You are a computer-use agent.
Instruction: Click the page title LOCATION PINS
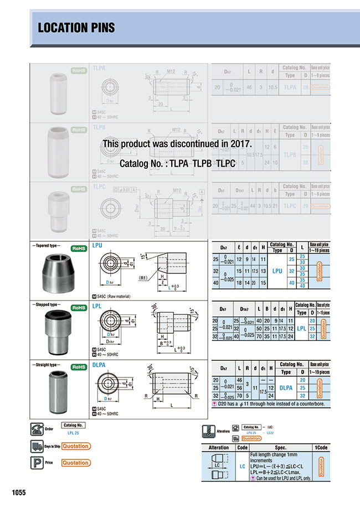70,27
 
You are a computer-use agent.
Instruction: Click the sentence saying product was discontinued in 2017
177,143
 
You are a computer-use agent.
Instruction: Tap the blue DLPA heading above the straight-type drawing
99,365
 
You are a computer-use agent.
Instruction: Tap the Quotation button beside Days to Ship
75,446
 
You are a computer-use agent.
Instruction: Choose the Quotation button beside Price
75,463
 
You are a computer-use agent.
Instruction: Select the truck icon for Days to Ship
37,447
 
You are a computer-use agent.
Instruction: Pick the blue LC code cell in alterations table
242,466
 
